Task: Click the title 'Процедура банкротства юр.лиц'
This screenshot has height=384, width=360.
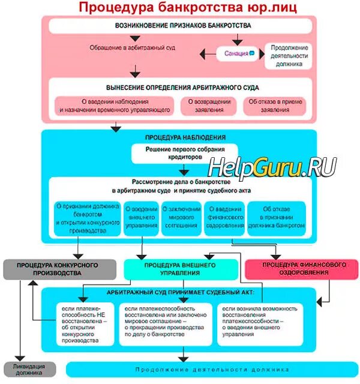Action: pos(180,8)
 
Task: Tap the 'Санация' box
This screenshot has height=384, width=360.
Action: pos(236,53)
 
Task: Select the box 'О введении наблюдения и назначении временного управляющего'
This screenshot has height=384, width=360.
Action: pos(114,106)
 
